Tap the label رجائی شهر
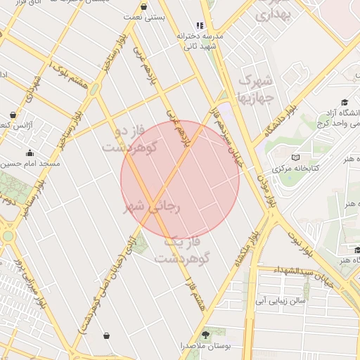coord(153,207)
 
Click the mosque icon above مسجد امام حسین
coord(30,153)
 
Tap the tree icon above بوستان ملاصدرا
coord(206,334)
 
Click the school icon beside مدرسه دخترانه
coord(200,25)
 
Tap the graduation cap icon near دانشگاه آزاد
coord(344,103)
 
